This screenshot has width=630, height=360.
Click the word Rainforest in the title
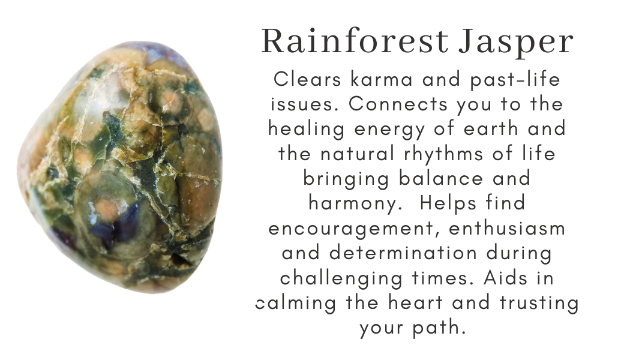click(x=355, y=42)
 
